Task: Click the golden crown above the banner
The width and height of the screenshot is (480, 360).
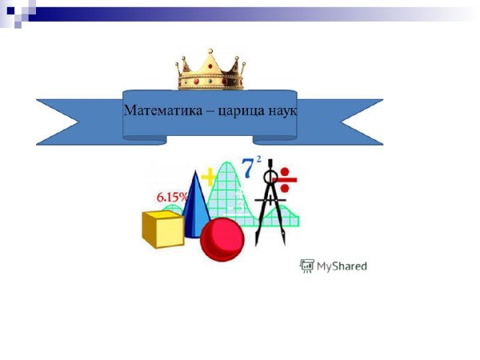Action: pos(209,70)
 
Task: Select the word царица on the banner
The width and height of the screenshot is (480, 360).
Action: pos(243,110)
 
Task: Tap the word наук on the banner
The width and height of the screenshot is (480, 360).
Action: pos(282,110)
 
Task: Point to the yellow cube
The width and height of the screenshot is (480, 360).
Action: pos(162,228)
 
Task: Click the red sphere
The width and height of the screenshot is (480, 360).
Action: pos(222,240)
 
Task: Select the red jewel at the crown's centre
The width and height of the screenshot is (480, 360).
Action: pos(209,81)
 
